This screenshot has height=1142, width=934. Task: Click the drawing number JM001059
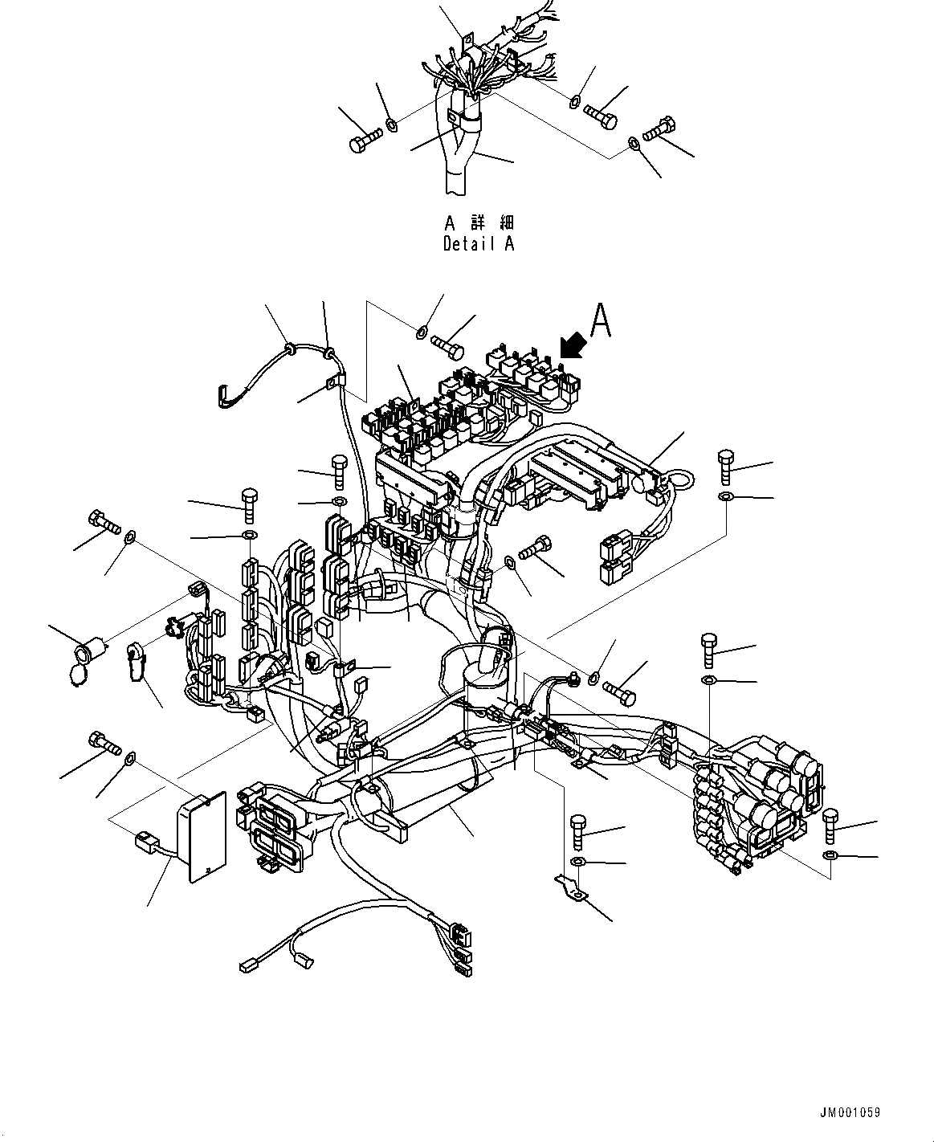click(x=850, y=1112)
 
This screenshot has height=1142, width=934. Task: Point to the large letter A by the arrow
click(x=601, y=320)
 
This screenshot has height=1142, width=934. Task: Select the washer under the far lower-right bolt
click(x=831, y=854)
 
